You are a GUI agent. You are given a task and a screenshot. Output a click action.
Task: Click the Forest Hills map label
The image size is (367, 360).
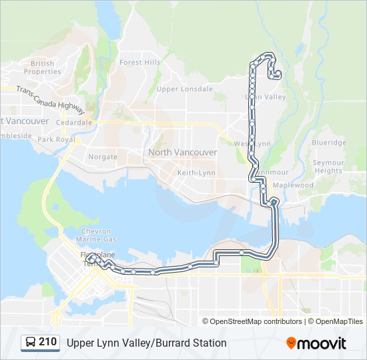pyautogui.click(x=140, y=62)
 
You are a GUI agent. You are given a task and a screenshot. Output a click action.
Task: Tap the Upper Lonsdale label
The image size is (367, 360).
pyautogui.click(x=184, y=89)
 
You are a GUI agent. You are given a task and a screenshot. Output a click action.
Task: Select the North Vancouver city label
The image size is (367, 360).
pyautogui.click(x=182, y=152)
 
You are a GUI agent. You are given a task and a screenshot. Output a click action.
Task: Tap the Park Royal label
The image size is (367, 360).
pyautogui.click(x=54, y=139)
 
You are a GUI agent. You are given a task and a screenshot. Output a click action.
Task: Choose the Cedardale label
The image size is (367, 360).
pyautogui.click(x=74, y=123)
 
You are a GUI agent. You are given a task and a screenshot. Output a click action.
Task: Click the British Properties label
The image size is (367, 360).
pyautogui.click(x=43, y=67)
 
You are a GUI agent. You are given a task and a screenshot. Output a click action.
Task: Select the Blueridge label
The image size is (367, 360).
pyautogui.click(x=329, y=143)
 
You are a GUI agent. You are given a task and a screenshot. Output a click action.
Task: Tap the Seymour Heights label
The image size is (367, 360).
pyautogui.click(x=328, y=167)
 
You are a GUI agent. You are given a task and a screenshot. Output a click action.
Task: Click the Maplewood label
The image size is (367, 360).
pyautogui.click(x=293, y=185)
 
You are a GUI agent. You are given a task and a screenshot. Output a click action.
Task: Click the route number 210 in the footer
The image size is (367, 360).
pyautogui.click(x=47, y=342)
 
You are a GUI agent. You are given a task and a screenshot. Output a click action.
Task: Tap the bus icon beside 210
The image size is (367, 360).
pyautogui.click(x=31, y=343)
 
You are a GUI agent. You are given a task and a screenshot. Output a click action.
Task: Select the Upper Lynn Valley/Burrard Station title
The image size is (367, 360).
pyautogui.click(x=146, y=343)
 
